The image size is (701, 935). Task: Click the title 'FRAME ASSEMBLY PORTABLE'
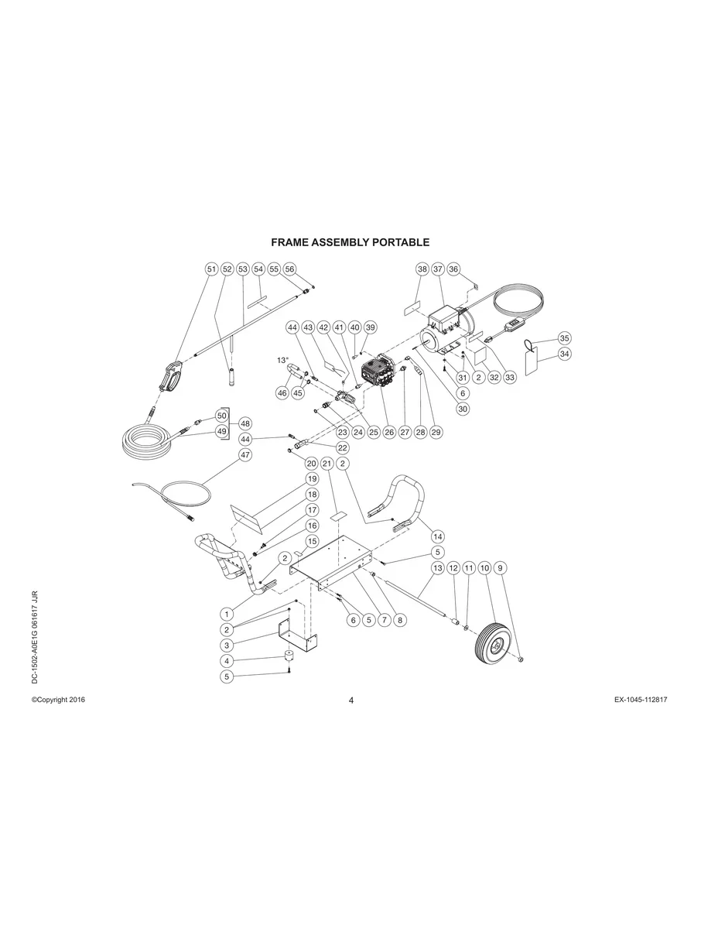coord(350,242)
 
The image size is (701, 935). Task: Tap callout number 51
coord(211,269)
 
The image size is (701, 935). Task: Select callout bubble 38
coord(422,269)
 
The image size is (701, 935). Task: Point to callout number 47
coord(245,455)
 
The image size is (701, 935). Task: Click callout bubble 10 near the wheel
coord(485,568)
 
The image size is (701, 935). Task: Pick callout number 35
coord(564,338)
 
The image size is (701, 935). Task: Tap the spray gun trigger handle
coord(170,378)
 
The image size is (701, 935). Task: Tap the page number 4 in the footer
coord(350,700)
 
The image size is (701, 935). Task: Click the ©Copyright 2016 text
coord(58,700)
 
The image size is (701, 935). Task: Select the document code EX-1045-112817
coord(641,700)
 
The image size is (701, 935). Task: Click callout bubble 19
coord(312,479)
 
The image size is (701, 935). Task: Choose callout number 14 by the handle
coord(438,536)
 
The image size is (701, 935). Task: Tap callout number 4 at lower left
coord(227,661)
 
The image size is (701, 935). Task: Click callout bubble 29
coord(436,432)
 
